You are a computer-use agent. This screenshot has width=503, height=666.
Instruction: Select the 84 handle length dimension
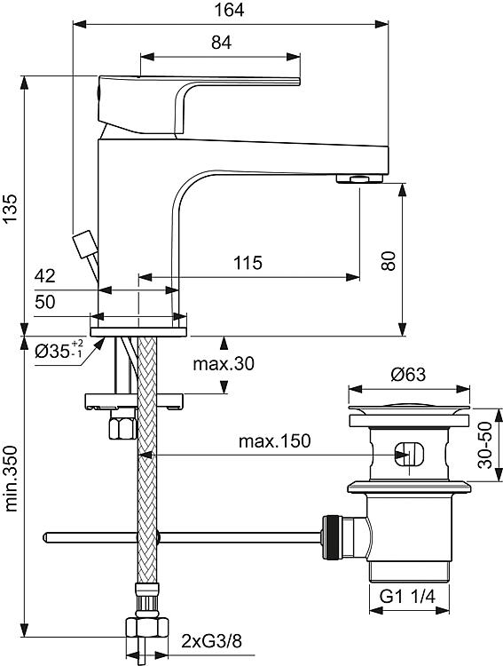(x=221, y=43)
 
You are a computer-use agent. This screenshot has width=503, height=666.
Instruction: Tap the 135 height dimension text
(x=10, y=208)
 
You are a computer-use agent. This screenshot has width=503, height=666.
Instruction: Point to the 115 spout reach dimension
(x=248, y=263)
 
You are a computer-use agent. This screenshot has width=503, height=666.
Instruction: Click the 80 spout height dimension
(x=388, y=261)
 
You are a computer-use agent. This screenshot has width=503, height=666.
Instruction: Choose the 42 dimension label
(x=45, y=275)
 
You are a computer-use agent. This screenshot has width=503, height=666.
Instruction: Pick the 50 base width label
(x=45, y=302)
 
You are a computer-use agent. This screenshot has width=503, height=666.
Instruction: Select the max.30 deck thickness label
(x=224, y=363)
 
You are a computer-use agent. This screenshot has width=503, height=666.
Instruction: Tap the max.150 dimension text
(x=275, y=440)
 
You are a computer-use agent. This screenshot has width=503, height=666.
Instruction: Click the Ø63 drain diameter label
(x=408, y=374)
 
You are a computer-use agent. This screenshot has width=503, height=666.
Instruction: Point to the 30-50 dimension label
(x=485, y=445)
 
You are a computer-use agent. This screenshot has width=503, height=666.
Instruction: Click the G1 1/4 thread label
(x=407, y=597)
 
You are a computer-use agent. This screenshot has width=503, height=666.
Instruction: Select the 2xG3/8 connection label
(x=211, y=640)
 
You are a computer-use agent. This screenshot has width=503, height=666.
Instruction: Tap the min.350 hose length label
(x=10, y=479)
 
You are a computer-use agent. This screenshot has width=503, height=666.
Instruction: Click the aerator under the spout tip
(x=359, y=178)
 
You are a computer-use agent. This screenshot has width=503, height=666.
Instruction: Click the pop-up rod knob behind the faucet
(x=84, y=244)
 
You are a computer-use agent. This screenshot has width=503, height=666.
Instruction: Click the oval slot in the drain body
(x=409, y=455)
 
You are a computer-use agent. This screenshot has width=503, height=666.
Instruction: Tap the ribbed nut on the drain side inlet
(x=333, y=537)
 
